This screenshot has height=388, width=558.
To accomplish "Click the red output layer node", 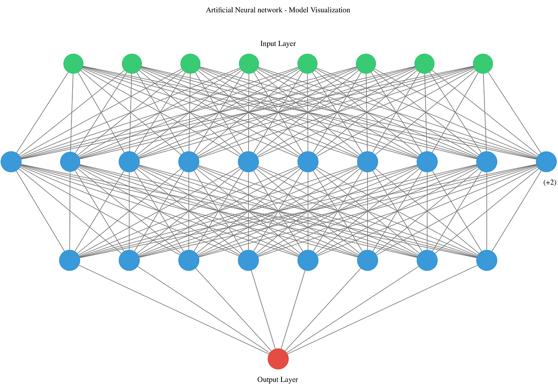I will point(278,359).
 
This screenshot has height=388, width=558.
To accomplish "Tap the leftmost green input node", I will point(74,64).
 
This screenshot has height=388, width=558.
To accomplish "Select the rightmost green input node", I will point(483,64).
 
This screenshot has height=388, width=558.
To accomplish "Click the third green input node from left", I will point(190,64).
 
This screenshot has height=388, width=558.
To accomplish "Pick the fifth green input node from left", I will point(307,64).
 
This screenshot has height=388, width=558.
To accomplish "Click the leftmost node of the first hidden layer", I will point(11,162).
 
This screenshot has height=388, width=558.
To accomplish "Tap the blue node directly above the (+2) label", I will point(546,162).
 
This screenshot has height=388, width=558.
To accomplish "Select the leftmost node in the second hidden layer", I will point(70,260).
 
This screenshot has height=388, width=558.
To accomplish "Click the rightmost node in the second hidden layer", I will point(487,260).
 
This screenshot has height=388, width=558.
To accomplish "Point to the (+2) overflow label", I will point(549,182).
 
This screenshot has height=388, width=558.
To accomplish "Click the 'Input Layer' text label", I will point(278,44).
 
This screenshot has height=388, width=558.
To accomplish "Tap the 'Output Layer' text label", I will point(278,379).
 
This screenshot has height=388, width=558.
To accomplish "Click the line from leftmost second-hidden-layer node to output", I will point(173,309).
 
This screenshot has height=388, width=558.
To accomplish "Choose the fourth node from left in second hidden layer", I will point(249,260).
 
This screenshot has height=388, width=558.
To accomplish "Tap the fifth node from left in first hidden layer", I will point(249,162).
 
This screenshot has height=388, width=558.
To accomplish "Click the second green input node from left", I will point(132,64).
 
